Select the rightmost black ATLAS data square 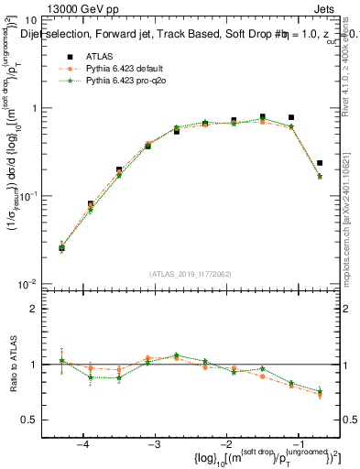pos(320,163)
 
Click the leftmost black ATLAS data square pos(61,247)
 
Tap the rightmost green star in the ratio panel pos(320,392)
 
